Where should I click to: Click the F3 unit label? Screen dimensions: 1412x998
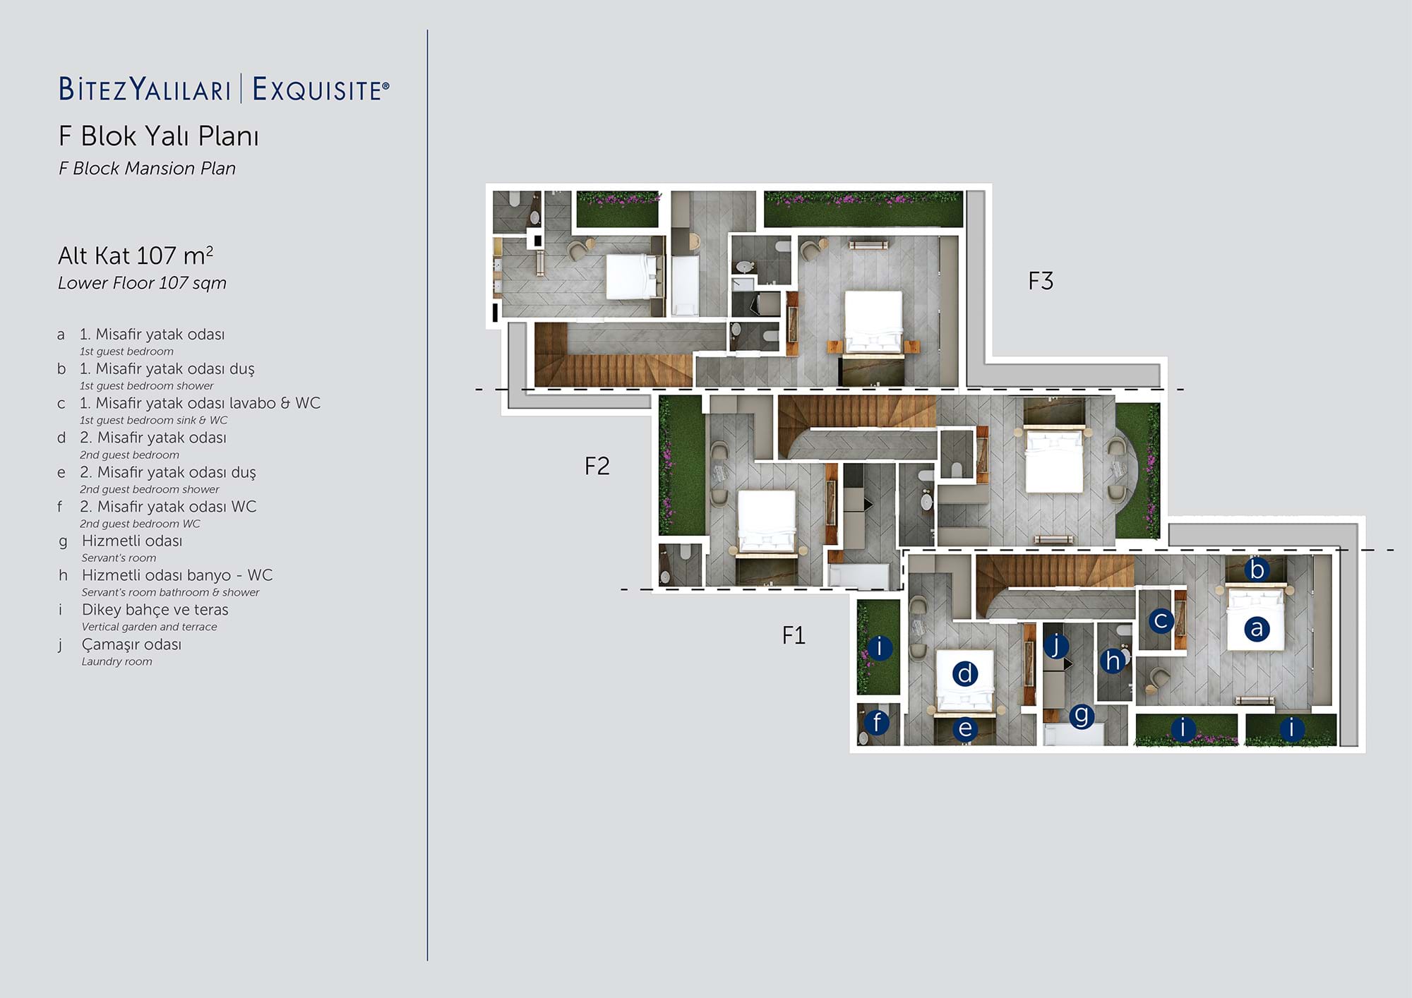coord(1041,282)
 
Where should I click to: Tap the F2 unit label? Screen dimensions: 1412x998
coord(597,467)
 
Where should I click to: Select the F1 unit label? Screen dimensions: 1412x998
coord(794,636)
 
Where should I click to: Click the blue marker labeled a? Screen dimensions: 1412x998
coord(1256,628)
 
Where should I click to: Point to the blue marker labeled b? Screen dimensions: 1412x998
coord(1257,570)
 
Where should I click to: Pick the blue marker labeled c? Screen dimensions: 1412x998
coord(1161,621)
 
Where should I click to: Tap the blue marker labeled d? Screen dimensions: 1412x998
coord(965,673)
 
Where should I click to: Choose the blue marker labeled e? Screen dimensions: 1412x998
coord(965,728)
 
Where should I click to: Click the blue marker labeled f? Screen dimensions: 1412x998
coord(877,722)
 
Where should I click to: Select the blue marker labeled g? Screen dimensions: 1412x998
coord(1081,716)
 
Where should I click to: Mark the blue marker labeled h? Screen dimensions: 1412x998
coord(1113,661)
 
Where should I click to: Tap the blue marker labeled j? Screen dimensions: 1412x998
coord(1055,645)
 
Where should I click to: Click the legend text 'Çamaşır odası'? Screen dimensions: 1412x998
coord(131,644)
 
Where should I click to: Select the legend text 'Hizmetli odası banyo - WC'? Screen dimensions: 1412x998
coord(177,575)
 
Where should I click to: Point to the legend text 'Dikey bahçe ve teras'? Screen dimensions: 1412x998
coord(155,610)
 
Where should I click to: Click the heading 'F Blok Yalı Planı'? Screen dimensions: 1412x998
coord(159,136)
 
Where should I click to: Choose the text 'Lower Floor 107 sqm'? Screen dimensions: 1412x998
coord(142,283)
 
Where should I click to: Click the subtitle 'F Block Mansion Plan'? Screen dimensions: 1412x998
coord(147,169)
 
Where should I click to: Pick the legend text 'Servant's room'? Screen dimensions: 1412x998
coord(119,558)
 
